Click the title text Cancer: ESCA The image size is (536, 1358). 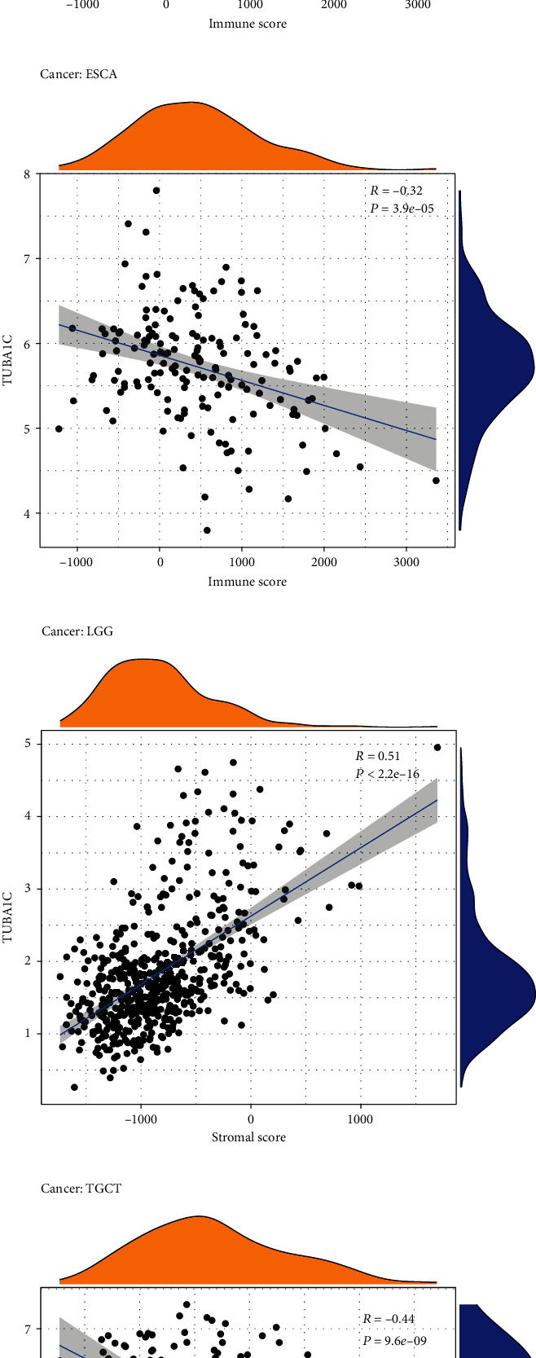[x=78, y=74]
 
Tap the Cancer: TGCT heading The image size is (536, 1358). [x=81, y=1189]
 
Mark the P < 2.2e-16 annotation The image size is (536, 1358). [x=388, y=773]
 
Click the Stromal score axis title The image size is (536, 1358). [x=248, y=1136]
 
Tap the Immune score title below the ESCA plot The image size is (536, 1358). [x=248, y=582]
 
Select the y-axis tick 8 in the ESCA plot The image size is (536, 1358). [x=27, y=174]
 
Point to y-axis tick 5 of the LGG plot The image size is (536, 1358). [x=27, y=744]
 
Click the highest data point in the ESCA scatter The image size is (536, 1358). [x=156, y=190]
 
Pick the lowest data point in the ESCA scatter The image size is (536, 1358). [x=207, y=530]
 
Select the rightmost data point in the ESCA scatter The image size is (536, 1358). [x=436, y=481]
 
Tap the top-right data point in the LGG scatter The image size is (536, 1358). [x=437, y=747]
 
